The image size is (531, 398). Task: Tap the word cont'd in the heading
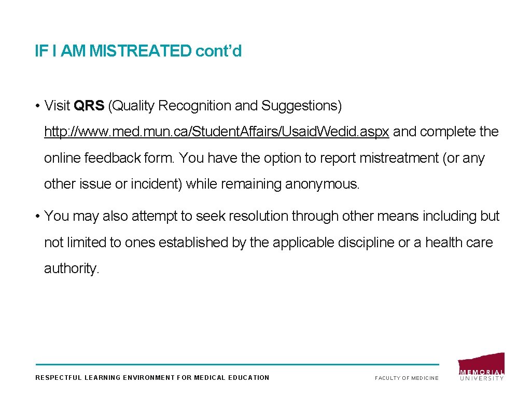point(218,51)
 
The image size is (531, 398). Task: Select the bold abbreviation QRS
point(89,106)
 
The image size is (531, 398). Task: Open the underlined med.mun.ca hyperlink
point(216,132)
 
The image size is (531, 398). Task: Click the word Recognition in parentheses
point(194,106)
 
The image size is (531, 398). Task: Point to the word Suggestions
point(301,106)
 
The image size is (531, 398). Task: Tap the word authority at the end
point(71,268)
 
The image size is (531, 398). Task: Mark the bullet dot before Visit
point(38,106)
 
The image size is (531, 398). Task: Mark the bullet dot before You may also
point(38,217)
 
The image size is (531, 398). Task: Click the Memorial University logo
point(481,367)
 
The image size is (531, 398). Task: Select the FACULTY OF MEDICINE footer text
point(407,378)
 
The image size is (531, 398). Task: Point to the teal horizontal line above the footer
point(236,364)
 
